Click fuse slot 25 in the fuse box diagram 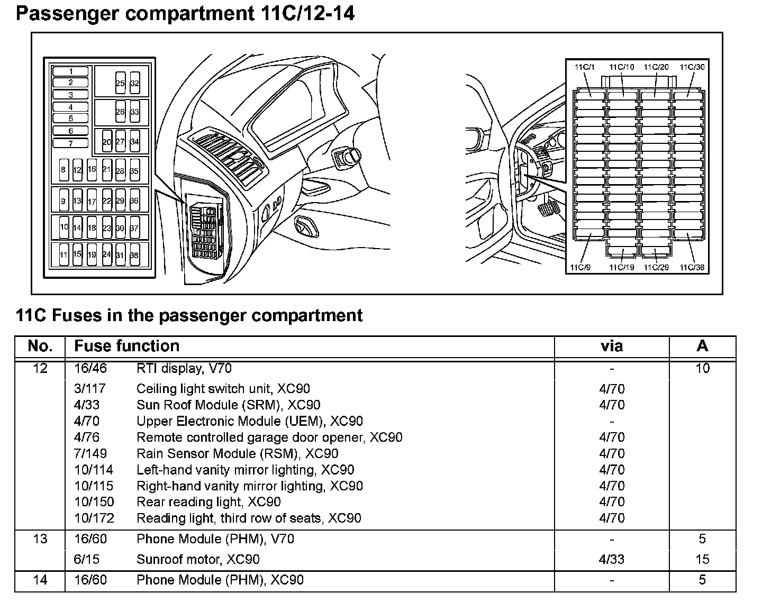click(x=120, y=83)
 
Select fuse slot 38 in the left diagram click(x=134, y=254)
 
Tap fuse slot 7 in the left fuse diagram click(x=71, y=143)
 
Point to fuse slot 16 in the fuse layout click(x=92, y=169)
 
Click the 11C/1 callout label click(x=584, y=67)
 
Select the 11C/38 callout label click(x=692, y=267)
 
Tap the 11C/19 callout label click(x=621, y=267)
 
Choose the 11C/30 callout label click(x=692, y=67)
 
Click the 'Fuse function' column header click(x=126, y=346)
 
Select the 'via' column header click(x=612, y=346)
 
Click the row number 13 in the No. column click(x=40, y=539)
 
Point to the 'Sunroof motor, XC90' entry click(x=198, y=559)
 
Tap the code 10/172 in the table click(x=94, y=518)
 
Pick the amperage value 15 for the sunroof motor click(x=702, y=559)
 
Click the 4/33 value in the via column click(x=612, y=559)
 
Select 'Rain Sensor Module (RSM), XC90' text click(x=237, y=453)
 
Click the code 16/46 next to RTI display click(x=90, y=368)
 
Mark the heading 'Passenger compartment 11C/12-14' click(x=185, y=13)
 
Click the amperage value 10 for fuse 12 click(x=702, y=368)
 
